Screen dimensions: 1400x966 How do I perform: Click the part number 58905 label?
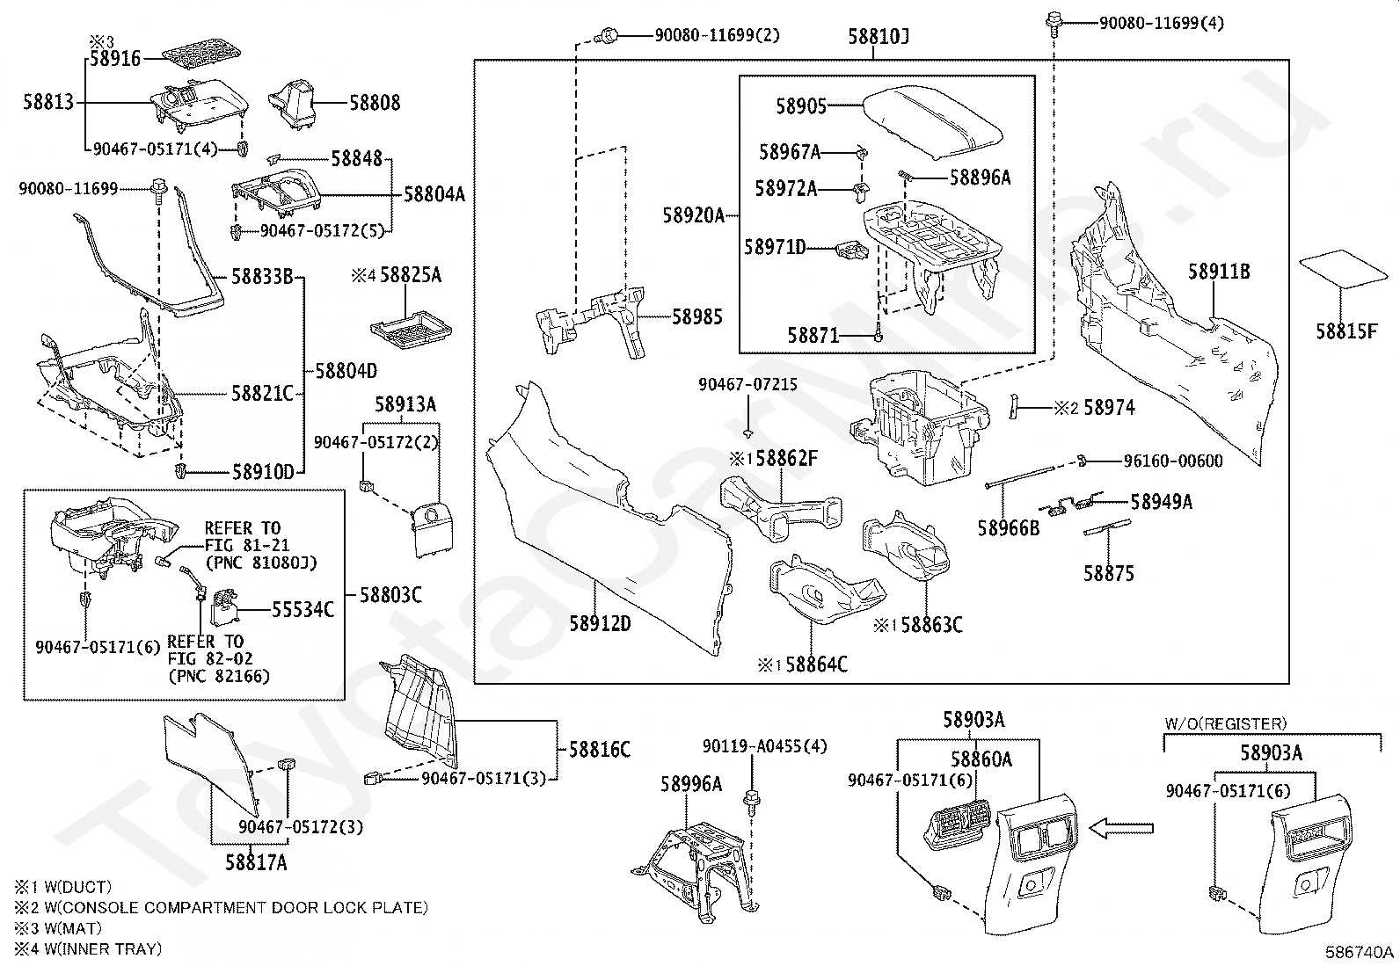click(x=800, y=106)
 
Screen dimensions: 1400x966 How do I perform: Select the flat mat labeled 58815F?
click(x=1343, y=269)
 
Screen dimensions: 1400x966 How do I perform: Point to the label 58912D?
click(x=600, y=623)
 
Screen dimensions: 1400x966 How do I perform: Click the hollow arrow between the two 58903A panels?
click(x=1120, y=829)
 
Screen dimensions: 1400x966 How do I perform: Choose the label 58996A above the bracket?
click(x=691, y=783)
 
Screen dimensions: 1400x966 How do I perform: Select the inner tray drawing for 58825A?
click(x=411, y=329)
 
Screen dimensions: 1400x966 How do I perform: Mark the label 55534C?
click(x=303, y=609)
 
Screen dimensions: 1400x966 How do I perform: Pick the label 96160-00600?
click(x=1173, y=461)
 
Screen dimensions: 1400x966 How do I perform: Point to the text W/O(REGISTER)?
click(x=1226, y=723)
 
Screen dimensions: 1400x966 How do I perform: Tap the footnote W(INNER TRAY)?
click(x=103, y=948)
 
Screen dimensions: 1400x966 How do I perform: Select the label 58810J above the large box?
click(x=879, y=37)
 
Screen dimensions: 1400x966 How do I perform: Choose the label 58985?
click(x=696, y=316)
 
